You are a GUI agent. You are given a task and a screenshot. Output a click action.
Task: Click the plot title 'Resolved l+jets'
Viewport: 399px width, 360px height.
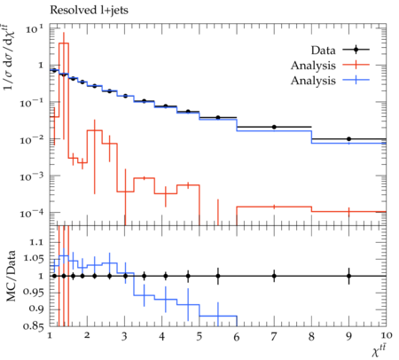tap(89, 11)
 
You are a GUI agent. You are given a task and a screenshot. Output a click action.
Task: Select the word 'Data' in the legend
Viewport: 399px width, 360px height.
tap(324, 51)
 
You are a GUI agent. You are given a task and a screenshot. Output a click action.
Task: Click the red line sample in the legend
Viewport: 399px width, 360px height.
tap(356, 65)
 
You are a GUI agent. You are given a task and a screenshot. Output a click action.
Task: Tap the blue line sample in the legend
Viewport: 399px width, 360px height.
tap(356, 80)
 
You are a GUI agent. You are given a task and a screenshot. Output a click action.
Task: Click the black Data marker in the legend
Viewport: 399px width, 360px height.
tap(356, 50)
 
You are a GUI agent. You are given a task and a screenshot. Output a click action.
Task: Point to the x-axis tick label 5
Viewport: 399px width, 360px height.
tap(199, 337)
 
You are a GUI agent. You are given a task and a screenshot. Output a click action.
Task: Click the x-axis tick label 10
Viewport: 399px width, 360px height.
tap(387, 335)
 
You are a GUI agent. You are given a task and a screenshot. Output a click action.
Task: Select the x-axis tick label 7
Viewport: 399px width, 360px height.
tap(274, 337)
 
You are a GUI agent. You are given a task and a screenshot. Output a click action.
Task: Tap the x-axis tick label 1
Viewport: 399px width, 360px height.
tap(50, 335)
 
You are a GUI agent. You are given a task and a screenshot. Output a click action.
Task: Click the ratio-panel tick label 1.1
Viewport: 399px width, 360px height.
tap(36, 242)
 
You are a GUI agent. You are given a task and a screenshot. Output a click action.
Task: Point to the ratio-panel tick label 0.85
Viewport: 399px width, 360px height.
tap(33, 326)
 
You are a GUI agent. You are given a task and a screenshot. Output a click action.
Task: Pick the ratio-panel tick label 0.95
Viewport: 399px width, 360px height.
tap(33, 293)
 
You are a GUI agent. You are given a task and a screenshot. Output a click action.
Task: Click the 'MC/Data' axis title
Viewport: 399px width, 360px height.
tap(11, 276)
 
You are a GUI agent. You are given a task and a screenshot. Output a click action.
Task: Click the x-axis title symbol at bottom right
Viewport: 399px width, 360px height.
tap(379, 351)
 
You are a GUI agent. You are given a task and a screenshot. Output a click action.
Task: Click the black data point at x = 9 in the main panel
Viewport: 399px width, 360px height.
tap(348, 139)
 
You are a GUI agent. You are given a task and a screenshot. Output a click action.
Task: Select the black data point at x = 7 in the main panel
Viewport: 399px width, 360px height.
tap(274, 127)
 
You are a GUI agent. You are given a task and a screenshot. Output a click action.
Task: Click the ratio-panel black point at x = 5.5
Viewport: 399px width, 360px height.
tap(218, 276)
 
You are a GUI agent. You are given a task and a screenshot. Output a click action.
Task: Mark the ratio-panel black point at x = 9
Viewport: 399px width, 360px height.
tap(348, 276)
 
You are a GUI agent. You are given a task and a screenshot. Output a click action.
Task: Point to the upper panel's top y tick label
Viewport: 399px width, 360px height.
tap(35, 29)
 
